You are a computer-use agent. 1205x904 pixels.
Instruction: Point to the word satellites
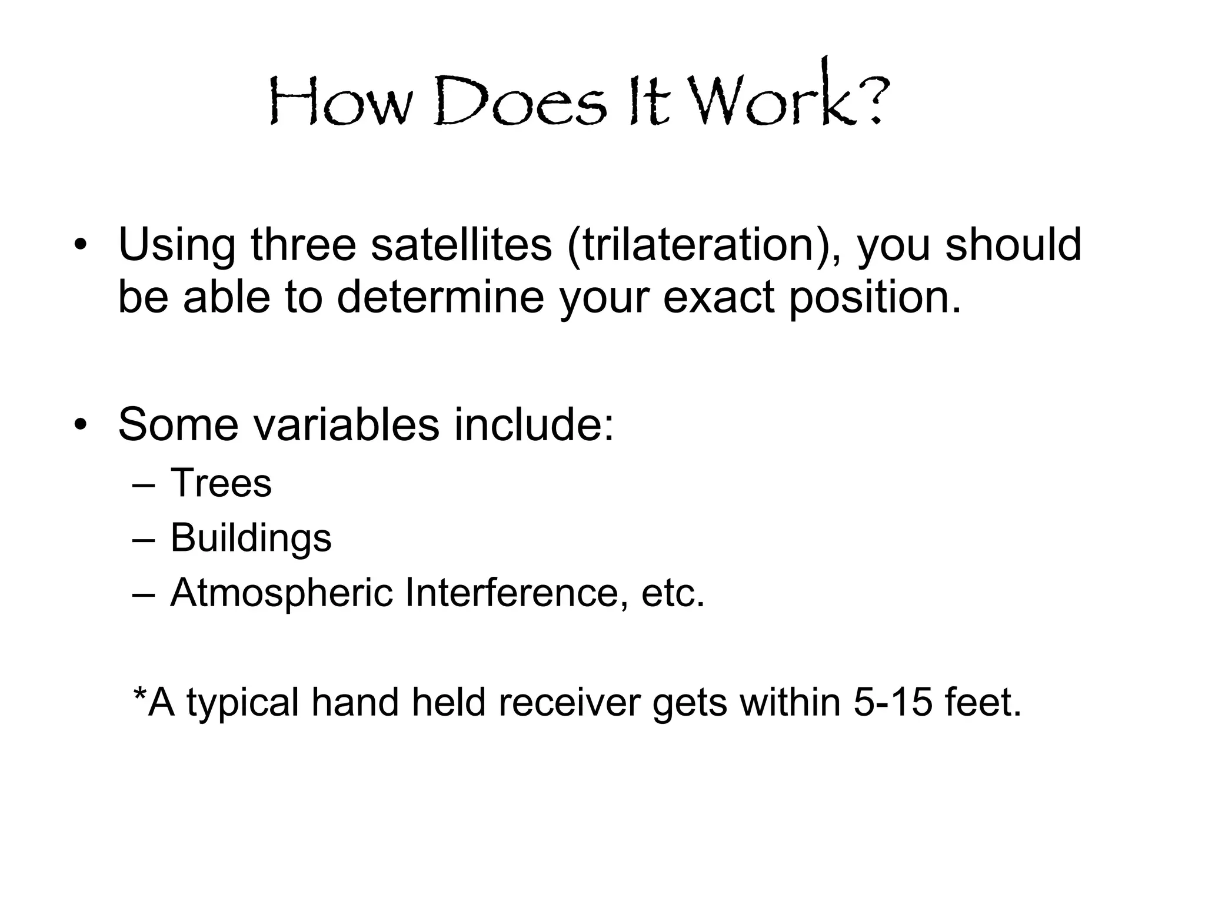(461, 244)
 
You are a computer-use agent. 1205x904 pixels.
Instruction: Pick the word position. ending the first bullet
(874, 298)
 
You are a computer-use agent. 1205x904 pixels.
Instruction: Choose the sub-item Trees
(221, 483)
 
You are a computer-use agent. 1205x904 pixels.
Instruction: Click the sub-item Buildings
(251, 539)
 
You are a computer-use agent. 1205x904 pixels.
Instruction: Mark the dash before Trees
(144, 486)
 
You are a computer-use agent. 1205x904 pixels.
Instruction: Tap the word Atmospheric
(281, 593)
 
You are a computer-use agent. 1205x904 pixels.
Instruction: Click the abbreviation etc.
(673, 594)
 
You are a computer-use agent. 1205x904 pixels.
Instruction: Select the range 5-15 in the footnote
(893, 702)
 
